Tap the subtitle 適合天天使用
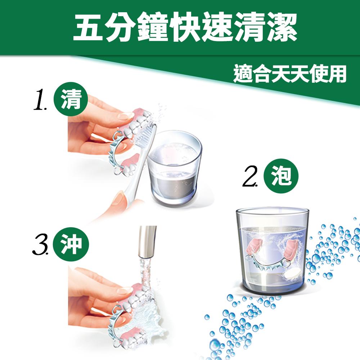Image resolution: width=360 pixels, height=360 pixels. tap(290, 74)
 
